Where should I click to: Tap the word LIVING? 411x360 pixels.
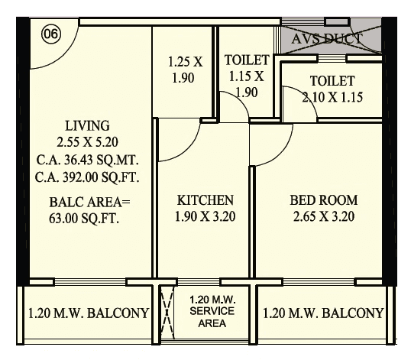coord(87,125)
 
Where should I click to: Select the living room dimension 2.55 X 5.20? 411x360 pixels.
coord(87,141)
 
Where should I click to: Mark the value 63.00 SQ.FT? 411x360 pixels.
coord(86,218)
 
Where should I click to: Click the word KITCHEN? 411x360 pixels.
coord(205,200)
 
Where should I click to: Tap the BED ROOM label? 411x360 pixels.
coord(323,200)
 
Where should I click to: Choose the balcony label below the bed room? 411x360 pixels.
coord(322,313)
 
